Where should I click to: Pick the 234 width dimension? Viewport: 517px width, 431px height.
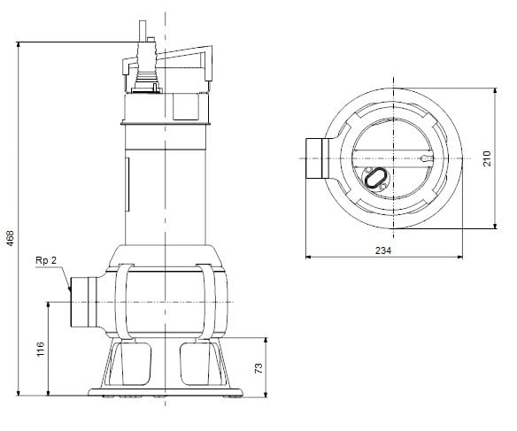(382, 250)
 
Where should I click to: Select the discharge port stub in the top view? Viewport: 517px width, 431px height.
(315, 158)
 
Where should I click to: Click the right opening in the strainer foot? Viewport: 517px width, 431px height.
(197, 363)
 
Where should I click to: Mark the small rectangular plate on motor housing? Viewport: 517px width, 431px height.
(127, 172)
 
